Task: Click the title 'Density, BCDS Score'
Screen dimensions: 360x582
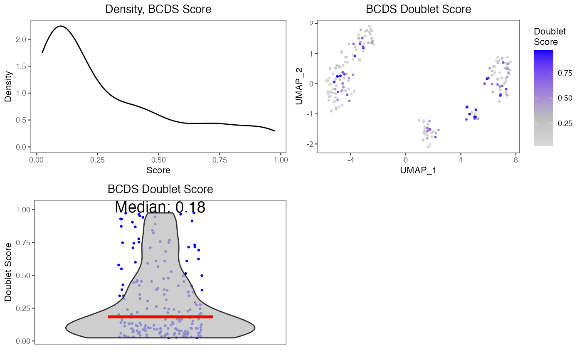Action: click(x=158, y=9)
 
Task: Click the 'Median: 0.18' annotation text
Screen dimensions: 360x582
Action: click(x=160, y=207)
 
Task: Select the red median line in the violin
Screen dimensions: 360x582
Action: click(x=160, y=317)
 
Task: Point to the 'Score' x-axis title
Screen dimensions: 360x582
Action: click(x=158, y=170)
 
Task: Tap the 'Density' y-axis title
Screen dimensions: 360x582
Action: click(x=8, y=87)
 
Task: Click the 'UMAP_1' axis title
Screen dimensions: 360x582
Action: click(x=418, y=170)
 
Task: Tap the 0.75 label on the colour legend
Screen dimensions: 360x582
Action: click(x=565, y=73)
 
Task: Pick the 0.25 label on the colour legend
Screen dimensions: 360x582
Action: click(x=565, y=123)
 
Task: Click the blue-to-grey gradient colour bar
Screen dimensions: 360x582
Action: click(x=543, y=98)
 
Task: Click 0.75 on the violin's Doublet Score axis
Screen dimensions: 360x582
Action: click(x=23, y=242)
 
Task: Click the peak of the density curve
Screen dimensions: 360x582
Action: click(x=61, y=26)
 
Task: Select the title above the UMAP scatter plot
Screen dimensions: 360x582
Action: click(x=418, y=9)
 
